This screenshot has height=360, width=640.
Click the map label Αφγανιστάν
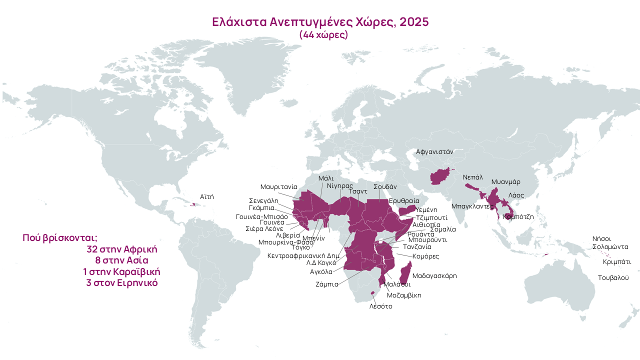[434, 151]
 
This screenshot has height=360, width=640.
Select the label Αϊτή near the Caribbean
[206, 196]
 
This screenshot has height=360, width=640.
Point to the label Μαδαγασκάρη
[434, 275]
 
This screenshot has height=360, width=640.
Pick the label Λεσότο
[380, 306]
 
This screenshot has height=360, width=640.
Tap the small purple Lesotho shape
[372, 293]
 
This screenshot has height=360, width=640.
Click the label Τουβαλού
[613, 277]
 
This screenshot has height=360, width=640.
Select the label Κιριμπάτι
[616, 261]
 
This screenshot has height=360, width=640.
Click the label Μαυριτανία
[279, 186]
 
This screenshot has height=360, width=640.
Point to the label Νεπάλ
[472, 177]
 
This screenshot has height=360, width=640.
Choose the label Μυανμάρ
[506, 181]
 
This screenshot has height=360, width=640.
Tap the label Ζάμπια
[327, 284]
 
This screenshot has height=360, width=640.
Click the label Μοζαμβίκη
[404, 295]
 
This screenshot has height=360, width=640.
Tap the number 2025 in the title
[414, 22]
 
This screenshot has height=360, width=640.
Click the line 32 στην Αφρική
[122, 249]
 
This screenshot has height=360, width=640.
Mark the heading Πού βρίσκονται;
[60, 237]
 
